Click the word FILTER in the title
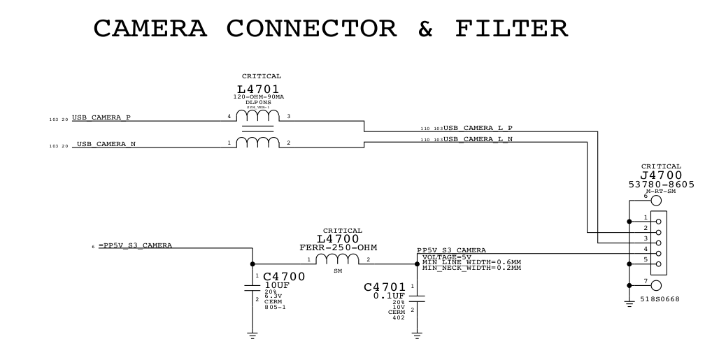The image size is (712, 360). (x=511, y=29)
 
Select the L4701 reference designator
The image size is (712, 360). (x=258, y=89)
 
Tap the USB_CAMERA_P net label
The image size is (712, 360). (x=101, y=117)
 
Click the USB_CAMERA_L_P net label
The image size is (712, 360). (x=478, y=128)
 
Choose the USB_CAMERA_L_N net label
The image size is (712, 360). (x=478, y=139)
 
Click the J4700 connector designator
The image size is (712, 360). (x=661, y=175)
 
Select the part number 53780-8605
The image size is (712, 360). (x=661, y=184)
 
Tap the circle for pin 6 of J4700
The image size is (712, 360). (x=656, y=201)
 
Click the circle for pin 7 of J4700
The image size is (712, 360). (x=656, y=285)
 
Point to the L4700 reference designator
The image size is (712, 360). (x=338, y=239)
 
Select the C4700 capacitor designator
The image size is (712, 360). (x=284, y=277)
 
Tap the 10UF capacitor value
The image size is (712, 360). (x=278, y=285)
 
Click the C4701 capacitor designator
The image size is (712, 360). (x=385, y=287)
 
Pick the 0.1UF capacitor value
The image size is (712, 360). (x=388, y=296)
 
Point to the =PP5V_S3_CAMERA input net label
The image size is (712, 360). (x=135, y=245)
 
